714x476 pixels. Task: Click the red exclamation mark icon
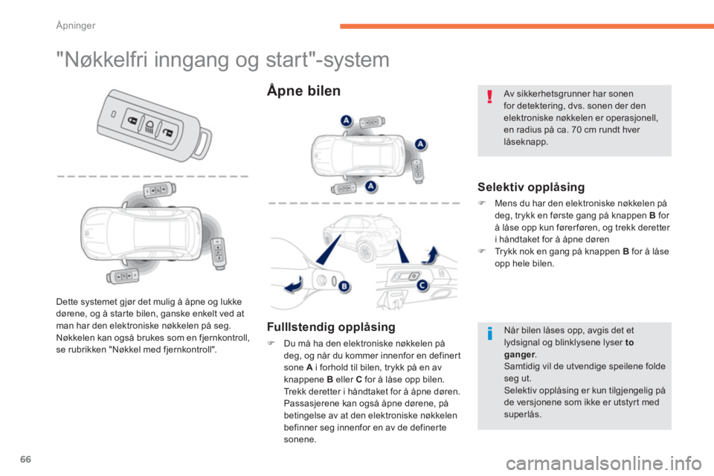point(489,97)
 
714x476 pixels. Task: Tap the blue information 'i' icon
point(490,333)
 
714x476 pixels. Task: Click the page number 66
point(26,459)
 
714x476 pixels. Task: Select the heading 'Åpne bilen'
point(303,91)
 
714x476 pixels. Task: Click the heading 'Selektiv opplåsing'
point(531,187)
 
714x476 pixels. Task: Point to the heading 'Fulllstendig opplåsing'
point(331,327)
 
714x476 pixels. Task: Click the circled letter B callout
point(344,286)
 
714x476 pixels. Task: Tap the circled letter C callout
point(422,286)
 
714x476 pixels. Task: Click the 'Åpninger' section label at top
point(76,25)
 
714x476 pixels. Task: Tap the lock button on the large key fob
point(132,120)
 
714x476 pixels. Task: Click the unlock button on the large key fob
point(168,132)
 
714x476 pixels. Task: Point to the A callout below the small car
point(371,186)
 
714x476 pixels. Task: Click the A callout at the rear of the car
point(420,144)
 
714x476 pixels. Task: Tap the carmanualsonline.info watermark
point(603,463)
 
